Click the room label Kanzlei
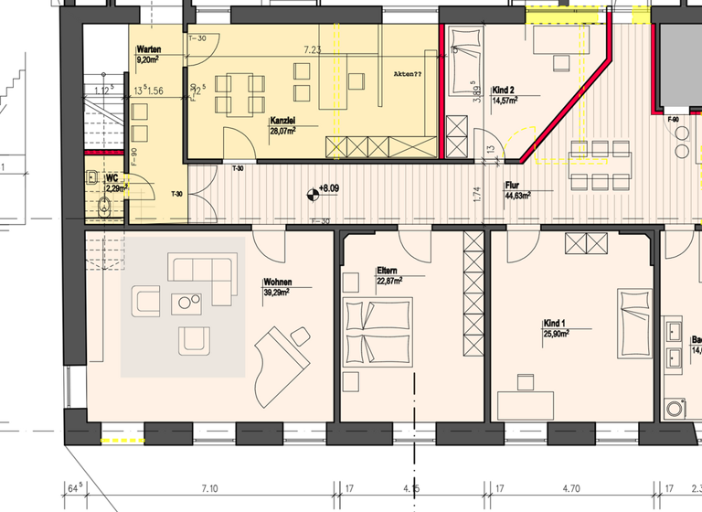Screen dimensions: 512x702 [282, 121]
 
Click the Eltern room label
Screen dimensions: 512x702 [388, 272]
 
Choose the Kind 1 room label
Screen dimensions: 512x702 [555, 325]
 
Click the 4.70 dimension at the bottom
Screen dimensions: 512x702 [571, 490]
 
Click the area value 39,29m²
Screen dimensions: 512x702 [277, 293]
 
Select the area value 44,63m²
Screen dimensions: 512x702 [518, 194]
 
